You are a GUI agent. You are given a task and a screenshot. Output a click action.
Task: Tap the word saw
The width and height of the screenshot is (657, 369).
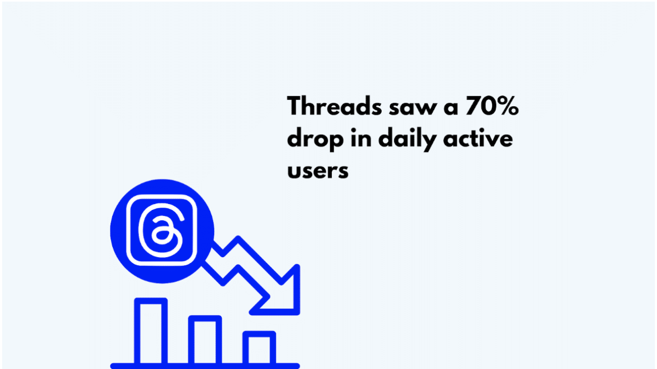pyautogui.click(x=413, y=108)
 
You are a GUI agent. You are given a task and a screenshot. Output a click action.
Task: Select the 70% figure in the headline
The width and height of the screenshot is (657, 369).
pyautogui.click(x=492, y=105)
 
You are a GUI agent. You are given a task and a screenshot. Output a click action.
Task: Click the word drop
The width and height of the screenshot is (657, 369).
pyautogui.click(x=315, y=140)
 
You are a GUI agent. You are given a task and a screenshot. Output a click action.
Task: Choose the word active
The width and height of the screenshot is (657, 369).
pyautogui.click(x=478, y=138)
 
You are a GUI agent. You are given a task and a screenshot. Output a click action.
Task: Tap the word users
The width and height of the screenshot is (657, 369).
pyautogui.click(x=318, y=171)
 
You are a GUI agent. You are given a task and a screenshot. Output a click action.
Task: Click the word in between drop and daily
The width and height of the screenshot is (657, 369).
pyautogui.click(x=361, y=138)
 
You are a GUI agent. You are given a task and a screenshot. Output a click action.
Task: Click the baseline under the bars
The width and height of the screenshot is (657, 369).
pyautogui.click(x=205, y=366)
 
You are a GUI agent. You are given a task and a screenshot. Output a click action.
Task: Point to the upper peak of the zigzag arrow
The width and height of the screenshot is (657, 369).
pyautogui.click(x=238, y=238)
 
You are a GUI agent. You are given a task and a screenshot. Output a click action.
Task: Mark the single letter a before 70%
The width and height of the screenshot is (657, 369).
pyautogui.click(x=451, y=108)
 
